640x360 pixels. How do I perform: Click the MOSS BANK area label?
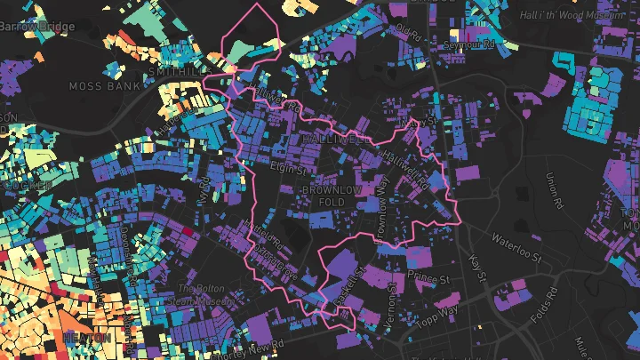pos(105,86)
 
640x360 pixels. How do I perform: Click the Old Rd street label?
pos(408,34)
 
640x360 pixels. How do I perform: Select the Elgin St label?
pos(287,166)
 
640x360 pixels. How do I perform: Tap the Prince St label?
pos(422,277)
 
